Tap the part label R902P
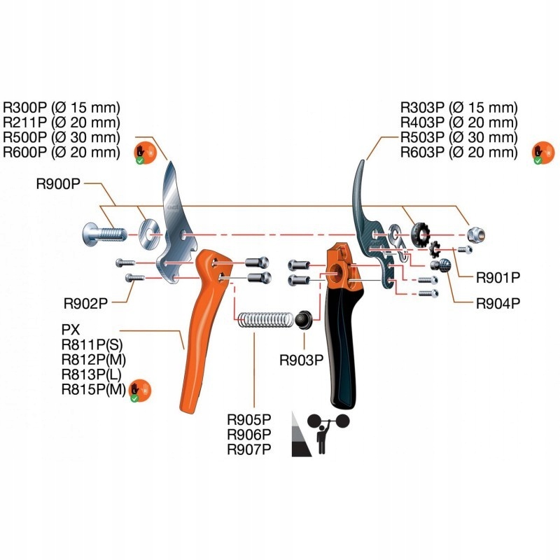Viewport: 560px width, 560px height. pyautogui.click(x=85, y=303)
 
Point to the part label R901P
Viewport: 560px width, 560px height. pyautogui.click(x=498, y=277)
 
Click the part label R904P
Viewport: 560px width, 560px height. pyautogui.click(x=498, y=304)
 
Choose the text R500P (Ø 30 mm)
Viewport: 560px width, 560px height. pyautogui.click(x=62, y=136)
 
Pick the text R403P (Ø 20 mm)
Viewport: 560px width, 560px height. pyautogui.click(x=458, y=122)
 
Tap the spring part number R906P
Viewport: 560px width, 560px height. pyautogui.click(x=248, y=434)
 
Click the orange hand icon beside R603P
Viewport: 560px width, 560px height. pyautogui.click(x=539, y=151)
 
